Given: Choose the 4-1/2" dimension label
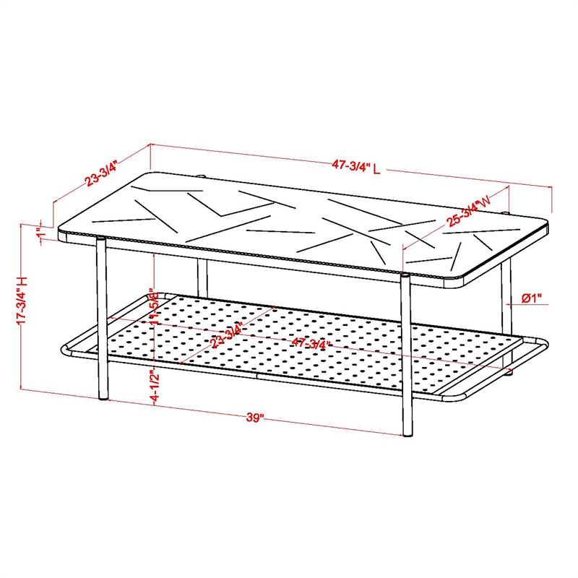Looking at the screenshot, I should tap(153, 385).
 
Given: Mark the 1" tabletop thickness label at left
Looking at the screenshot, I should tap(41, 235).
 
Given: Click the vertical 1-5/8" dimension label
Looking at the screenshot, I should tap(153, 310).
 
